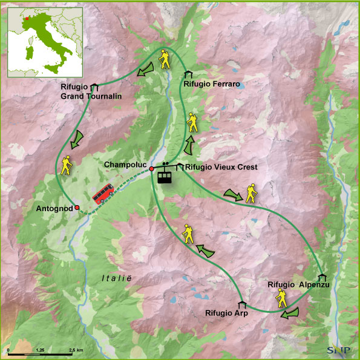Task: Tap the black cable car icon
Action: [x=165, y=174]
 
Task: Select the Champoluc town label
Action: [x=125, y=165]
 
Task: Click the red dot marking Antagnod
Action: [x=77, y=208]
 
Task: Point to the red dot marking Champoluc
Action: [x=152, y=169]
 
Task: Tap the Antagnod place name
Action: [x=54, y=209]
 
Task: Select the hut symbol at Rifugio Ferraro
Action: [x=188, y=74]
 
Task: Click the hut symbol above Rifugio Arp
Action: [x=242, y=304]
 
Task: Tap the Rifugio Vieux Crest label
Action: [x=213, y=167]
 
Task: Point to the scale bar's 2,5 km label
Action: [x=76, y=351]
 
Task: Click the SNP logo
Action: [x=338, y=349]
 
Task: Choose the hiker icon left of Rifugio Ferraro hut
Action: [x=164, y=59]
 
